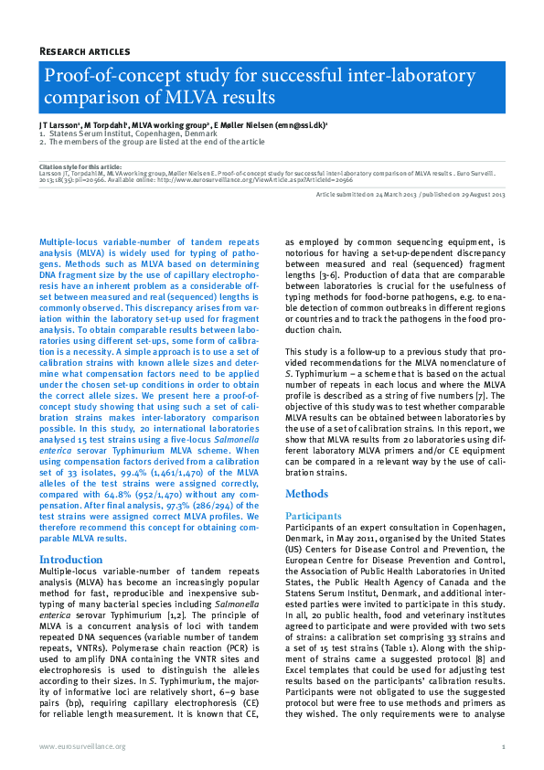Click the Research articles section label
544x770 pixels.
coord(84,52)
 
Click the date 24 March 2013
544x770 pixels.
coord(403,196)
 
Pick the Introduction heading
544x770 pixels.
coord(71,559)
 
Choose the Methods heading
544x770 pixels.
coord(306,494)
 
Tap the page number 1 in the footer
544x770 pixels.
coord(503,746)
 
